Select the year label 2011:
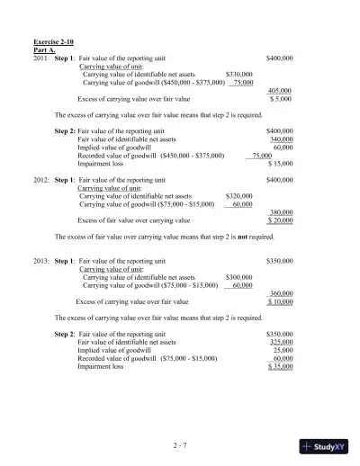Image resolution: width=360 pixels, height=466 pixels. tap(41, 58)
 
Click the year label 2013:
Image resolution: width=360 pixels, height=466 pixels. tap(41, 260)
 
